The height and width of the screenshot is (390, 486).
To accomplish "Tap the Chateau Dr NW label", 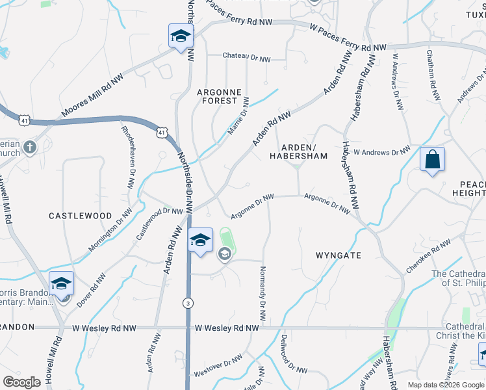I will (x=246, y=58).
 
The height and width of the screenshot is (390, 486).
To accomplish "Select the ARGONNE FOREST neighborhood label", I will (x=219, y=97).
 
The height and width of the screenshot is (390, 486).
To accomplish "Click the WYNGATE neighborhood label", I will (x=339, y=255).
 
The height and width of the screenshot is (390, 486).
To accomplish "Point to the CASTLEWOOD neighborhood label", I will (x=81, y=215).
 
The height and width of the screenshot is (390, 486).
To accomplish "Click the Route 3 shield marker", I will (x=188, y=302).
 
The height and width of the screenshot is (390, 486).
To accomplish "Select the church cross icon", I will (x=29, y=148).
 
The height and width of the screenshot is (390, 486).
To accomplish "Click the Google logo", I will (x=22, y=382).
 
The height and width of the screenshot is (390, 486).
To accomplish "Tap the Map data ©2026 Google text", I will (x=445, y=385).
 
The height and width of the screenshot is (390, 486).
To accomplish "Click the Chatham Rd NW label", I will (x=431, y=75).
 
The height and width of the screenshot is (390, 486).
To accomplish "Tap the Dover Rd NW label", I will (x=92, y=290).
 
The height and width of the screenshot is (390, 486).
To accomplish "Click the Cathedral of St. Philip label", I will (x=459, y=278).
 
